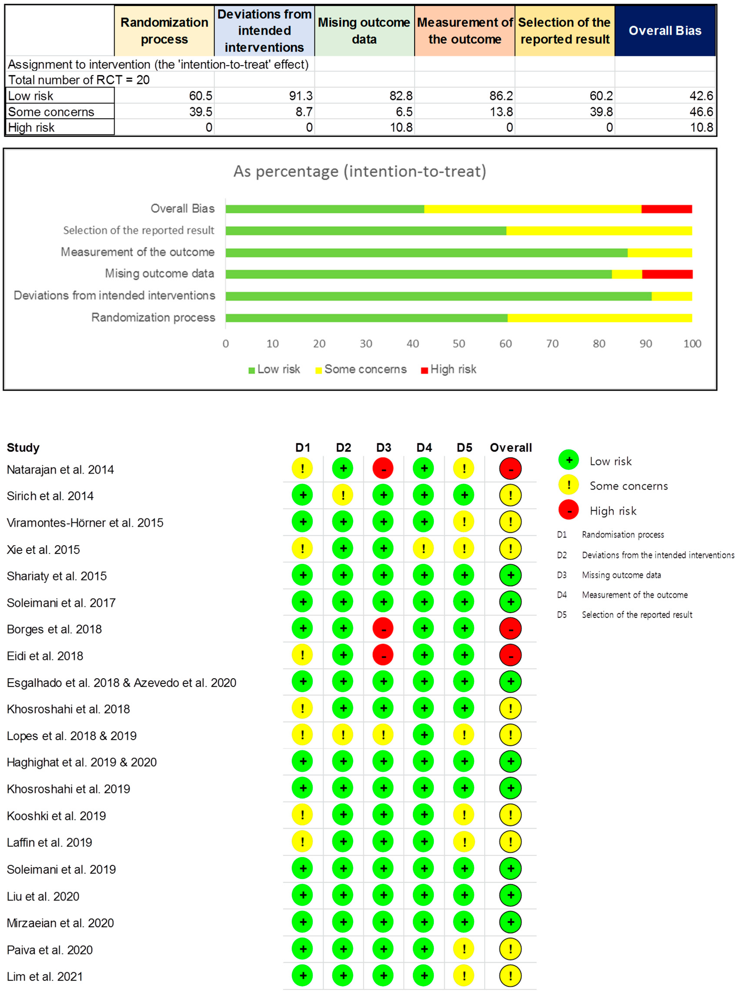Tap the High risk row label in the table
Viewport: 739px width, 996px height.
(x=31, y=127)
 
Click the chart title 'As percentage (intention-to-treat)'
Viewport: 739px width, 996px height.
(x=360, y=171)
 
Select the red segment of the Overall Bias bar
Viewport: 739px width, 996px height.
(x=666, y=209)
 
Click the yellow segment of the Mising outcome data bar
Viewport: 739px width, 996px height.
(x=627, y=274)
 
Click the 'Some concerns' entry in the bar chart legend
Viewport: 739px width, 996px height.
(x=365, y=369)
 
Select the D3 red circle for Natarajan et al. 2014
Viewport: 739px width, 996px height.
(x=383, y=469)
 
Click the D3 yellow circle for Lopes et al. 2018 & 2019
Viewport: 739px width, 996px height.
(x=383, y=735)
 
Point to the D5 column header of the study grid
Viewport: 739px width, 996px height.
(x=464, y=448)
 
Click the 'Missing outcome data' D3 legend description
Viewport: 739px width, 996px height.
(x=621, y=575)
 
